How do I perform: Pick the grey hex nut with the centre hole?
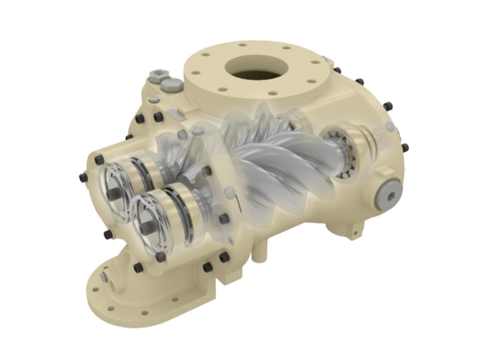click(x=157, y=75)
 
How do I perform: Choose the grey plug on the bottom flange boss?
click(x=104, y=275)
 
